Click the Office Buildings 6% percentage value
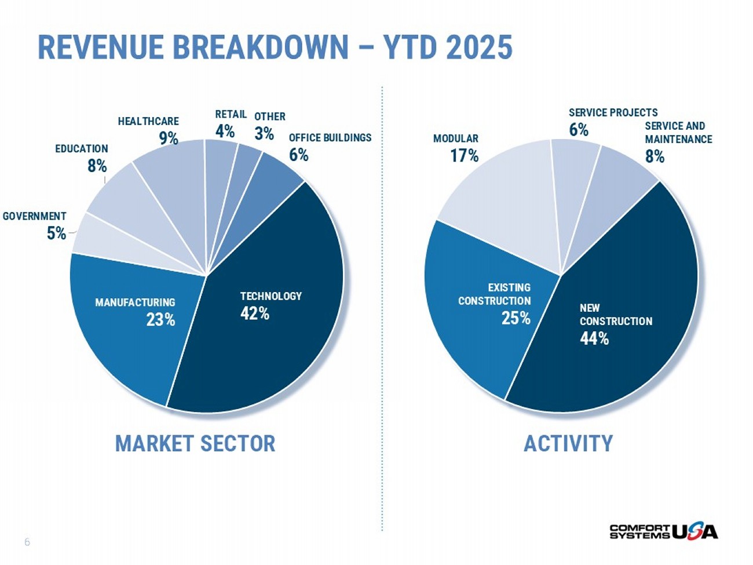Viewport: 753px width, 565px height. pos(298,155)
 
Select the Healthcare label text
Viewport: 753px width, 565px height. pos(148,121)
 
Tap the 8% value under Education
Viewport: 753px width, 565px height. pos(97,166)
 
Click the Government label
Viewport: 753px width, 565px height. pos(35,216)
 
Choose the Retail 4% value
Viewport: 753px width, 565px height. pos(225,131)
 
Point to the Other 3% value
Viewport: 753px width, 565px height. pos(264,133)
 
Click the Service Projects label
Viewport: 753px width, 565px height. pos(613,112)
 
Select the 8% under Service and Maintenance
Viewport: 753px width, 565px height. pos(655,156)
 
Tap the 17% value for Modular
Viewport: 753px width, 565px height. pos(465,155)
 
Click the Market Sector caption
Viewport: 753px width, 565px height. pos(195,443)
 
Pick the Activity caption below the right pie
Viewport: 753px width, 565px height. pos(568,443)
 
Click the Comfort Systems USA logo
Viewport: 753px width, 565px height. pos(663,531)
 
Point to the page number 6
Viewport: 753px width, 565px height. pos(27,542)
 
